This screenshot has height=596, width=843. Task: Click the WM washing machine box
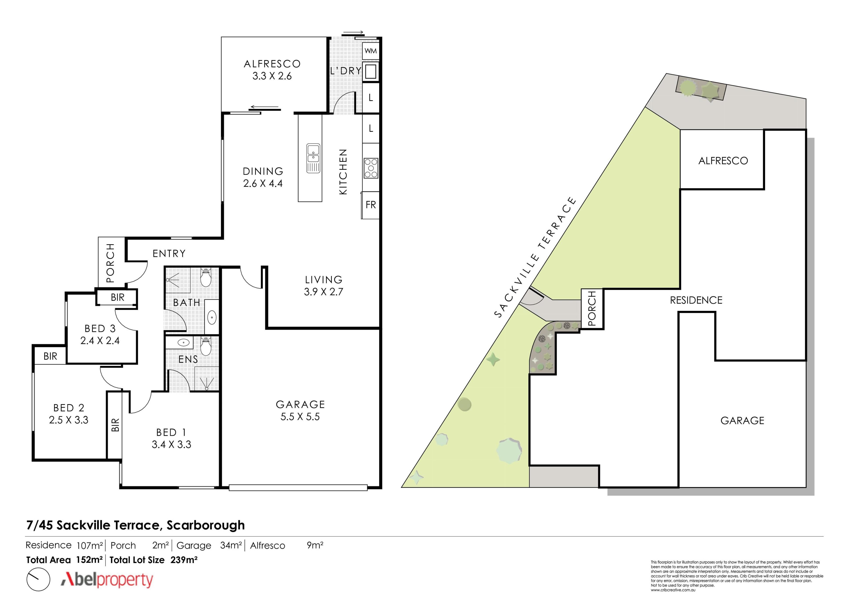[x=371, y=51]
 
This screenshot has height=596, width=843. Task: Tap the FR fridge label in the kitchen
[x=371, y=205]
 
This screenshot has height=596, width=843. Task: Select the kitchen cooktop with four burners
[x=371, y=168]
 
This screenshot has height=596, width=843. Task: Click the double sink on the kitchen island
[x=313, y=158]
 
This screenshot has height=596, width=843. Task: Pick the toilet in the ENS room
[x=206, y=346]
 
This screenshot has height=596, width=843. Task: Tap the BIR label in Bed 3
[x=117, y=297]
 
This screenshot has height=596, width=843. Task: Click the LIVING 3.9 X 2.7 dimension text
[x=323, y=292]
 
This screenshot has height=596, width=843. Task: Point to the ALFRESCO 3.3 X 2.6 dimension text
[x=272, y=76]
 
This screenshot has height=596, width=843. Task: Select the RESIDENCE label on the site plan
[x=696, y=300]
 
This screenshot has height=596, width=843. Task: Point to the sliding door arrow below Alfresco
[x=264, y=108]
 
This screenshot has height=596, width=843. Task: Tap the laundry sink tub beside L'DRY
[x=371, y=71]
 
